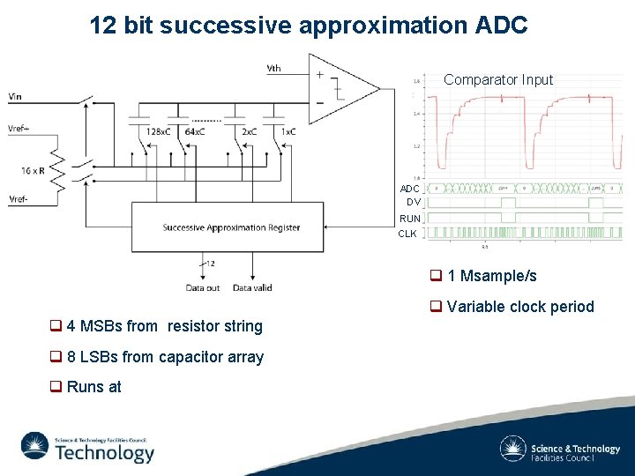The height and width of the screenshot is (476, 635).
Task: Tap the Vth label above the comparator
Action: pyautogui.click(x=273, y=69)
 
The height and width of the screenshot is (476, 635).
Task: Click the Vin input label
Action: pyautogui.click(x=16, y=96)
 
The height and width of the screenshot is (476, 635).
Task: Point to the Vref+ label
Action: pyautogui.click(x=19, y=128)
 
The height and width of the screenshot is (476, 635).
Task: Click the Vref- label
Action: pyautogui.click(x=18, y=198)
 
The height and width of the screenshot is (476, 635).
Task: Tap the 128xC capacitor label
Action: pyautogui.click(x=159, y=131)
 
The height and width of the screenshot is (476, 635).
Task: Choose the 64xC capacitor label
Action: pyautogui.click(x=195, y=131)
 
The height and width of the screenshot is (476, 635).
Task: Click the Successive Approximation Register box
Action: pyautogui.click(x=231, y=227)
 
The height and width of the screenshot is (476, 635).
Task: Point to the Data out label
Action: pyautogui.click(x=203, y=287)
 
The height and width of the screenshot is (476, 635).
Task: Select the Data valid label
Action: pyautogui.click(x=252, y=287)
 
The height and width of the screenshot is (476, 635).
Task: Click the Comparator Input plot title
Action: pyautogui.click(x=498, y=79)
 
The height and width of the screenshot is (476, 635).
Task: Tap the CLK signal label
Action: pyautogui.click(x=407, y=234)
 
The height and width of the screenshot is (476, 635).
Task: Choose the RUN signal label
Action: pyautogui.click(x=409, y=219)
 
